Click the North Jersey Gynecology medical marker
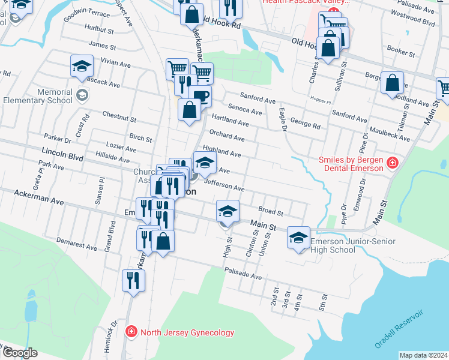click(x=130, y=332)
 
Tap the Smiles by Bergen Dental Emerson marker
click(x=393, y=163)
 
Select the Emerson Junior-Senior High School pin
click(x=298, y=238)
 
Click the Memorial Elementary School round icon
click(x=82, y=95)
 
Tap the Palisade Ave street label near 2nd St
click(x=244, y=277)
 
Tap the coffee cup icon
click(x=200, y=95)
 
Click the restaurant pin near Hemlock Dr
click(x=133, y=280)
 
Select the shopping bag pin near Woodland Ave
click(x=392, y=83)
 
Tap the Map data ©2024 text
click(x=423, y=355)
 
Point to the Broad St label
click(x=270, y=211)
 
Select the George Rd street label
click(x=305, y=124)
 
